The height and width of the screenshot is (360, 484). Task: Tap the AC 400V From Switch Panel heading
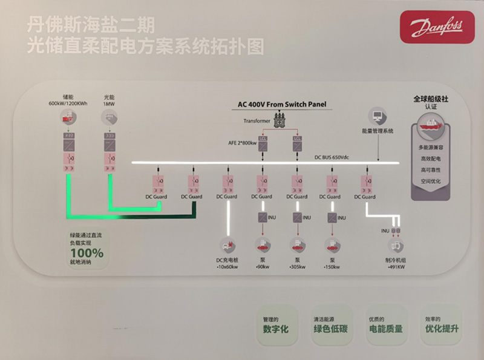point(283,104)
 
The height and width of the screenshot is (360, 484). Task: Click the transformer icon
point(279,122)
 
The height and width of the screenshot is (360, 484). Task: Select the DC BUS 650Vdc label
point(332,157)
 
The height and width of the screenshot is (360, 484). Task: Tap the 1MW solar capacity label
point(109,103)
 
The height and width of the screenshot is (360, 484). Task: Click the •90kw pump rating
point(263,266)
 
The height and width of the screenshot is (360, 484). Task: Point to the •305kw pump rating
point(297,266)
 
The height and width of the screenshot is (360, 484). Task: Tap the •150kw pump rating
point(332,266)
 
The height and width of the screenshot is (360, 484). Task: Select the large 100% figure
point(87,252)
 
